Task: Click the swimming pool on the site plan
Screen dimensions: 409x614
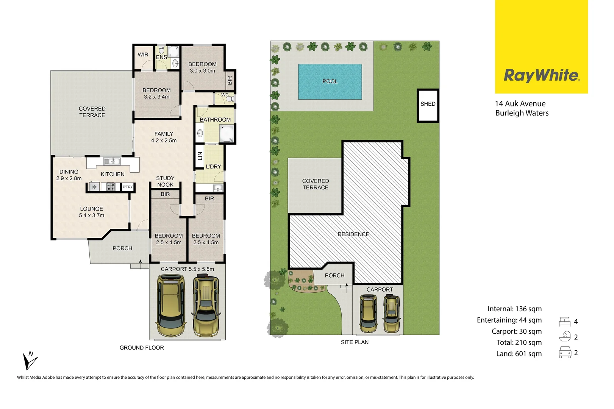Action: pyautogui.click(x=330, y=81)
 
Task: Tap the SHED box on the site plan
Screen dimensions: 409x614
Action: pyautogui.click(x=428, y=105)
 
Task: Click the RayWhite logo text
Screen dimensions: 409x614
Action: pyautogui.click(x=541, y=76)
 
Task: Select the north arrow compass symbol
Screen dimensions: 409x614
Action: pyautogui.click(x=30, y=361)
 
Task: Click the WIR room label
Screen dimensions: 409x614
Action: pyautogui.click(x=143, y=55)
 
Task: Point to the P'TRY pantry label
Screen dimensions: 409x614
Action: pyautogui.click(x=128, y=187)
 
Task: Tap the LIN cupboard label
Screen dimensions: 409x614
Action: pyautogui.click(x=200, y=155)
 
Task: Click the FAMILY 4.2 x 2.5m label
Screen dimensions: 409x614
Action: pyautogui.click(x=164, y=137)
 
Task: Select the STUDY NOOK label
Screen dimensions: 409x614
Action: pyautogui.click(x=165, y=181)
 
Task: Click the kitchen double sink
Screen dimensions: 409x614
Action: pyautogui.click(x=112, y=162)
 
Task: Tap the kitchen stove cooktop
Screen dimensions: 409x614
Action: pyautogui.click(x=111, y=187)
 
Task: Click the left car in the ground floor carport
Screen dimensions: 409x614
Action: pyautogui.click(x=171, y=306)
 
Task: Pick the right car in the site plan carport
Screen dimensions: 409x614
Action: pyautogui.click(x=392, y=314)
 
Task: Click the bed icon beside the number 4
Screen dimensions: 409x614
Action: pyautogui.click(x=564, y=322)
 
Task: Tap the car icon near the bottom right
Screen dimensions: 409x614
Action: pyautogui.click(x=565, y=353)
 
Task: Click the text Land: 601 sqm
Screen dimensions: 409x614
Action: pyautogui.click(x=519, y=354)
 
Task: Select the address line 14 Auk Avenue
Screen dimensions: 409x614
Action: pyautogui.click(x=520, y=104)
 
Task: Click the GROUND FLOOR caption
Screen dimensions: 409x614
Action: pyautogui.click(x=142, y=348)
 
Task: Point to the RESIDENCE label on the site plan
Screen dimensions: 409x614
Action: pyautogui.click(x=353, y=234)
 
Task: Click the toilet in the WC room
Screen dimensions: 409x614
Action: pyautogui.click(x=229, y=98)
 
